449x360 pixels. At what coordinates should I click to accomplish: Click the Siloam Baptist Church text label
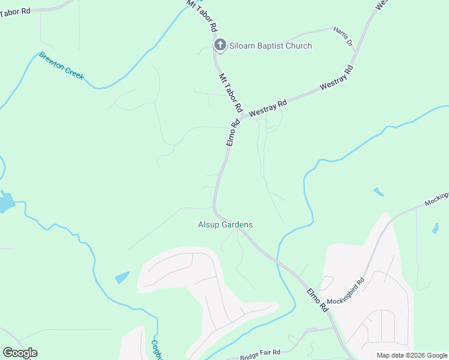[270, 46]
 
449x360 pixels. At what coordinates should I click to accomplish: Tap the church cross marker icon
[220, 45]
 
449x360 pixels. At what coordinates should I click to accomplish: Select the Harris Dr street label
[343, 37]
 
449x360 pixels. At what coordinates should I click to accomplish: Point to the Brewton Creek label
[61, 66]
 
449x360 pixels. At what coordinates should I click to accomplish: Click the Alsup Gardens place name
[225, 224]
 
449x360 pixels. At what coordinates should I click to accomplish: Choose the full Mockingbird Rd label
[346, 291]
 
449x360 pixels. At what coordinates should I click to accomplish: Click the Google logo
[20, 353]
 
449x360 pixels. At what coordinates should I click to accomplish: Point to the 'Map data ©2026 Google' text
[412, 355]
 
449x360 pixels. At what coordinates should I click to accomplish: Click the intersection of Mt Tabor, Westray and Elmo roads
[244, 116]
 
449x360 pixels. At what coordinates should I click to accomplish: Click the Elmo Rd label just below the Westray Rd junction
[233, 132]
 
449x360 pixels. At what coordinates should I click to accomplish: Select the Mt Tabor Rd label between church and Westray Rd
[230, 93]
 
